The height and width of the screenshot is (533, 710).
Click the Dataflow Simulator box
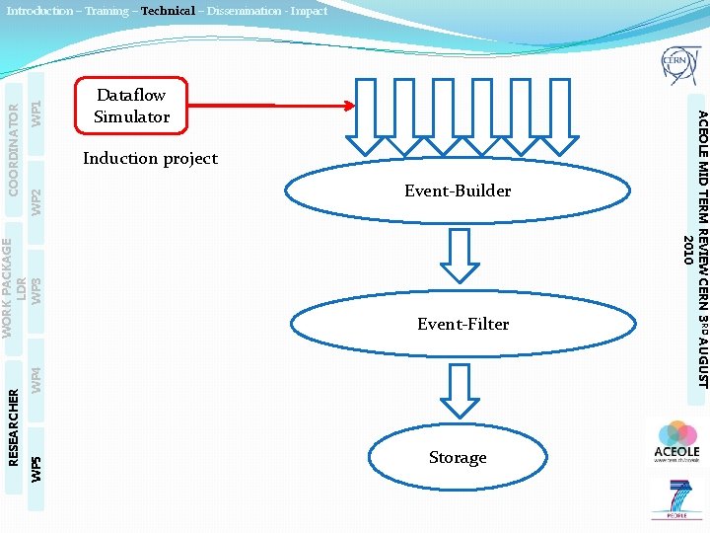pyautogui.click(x=130, y=106)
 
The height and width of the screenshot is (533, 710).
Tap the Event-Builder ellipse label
pyautogui.click(x=458, y=190)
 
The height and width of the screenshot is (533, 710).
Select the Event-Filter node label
pyautogui.click(x=462, y=324)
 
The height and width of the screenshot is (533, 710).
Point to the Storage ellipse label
pyautogui.click(x=458, y=457)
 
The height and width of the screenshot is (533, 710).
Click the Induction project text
pyautogui.click(x=150, y=158)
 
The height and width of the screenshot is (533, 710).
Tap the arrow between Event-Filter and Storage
pyautogui.click(x=458, y=391)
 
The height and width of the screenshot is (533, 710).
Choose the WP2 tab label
pyautogui.click(x=35, y=201)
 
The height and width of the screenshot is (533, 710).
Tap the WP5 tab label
pyautogui.click(x=35, y=467)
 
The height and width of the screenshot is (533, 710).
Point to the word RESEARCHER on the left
pyautogui.click(x=14, y=426)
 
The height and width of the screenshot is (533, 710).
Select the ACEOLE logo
pyautogui.click(x=677, y=441)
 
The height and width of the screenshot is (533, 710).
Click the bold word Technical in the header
pyautogui.click(x=168, y=11)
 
